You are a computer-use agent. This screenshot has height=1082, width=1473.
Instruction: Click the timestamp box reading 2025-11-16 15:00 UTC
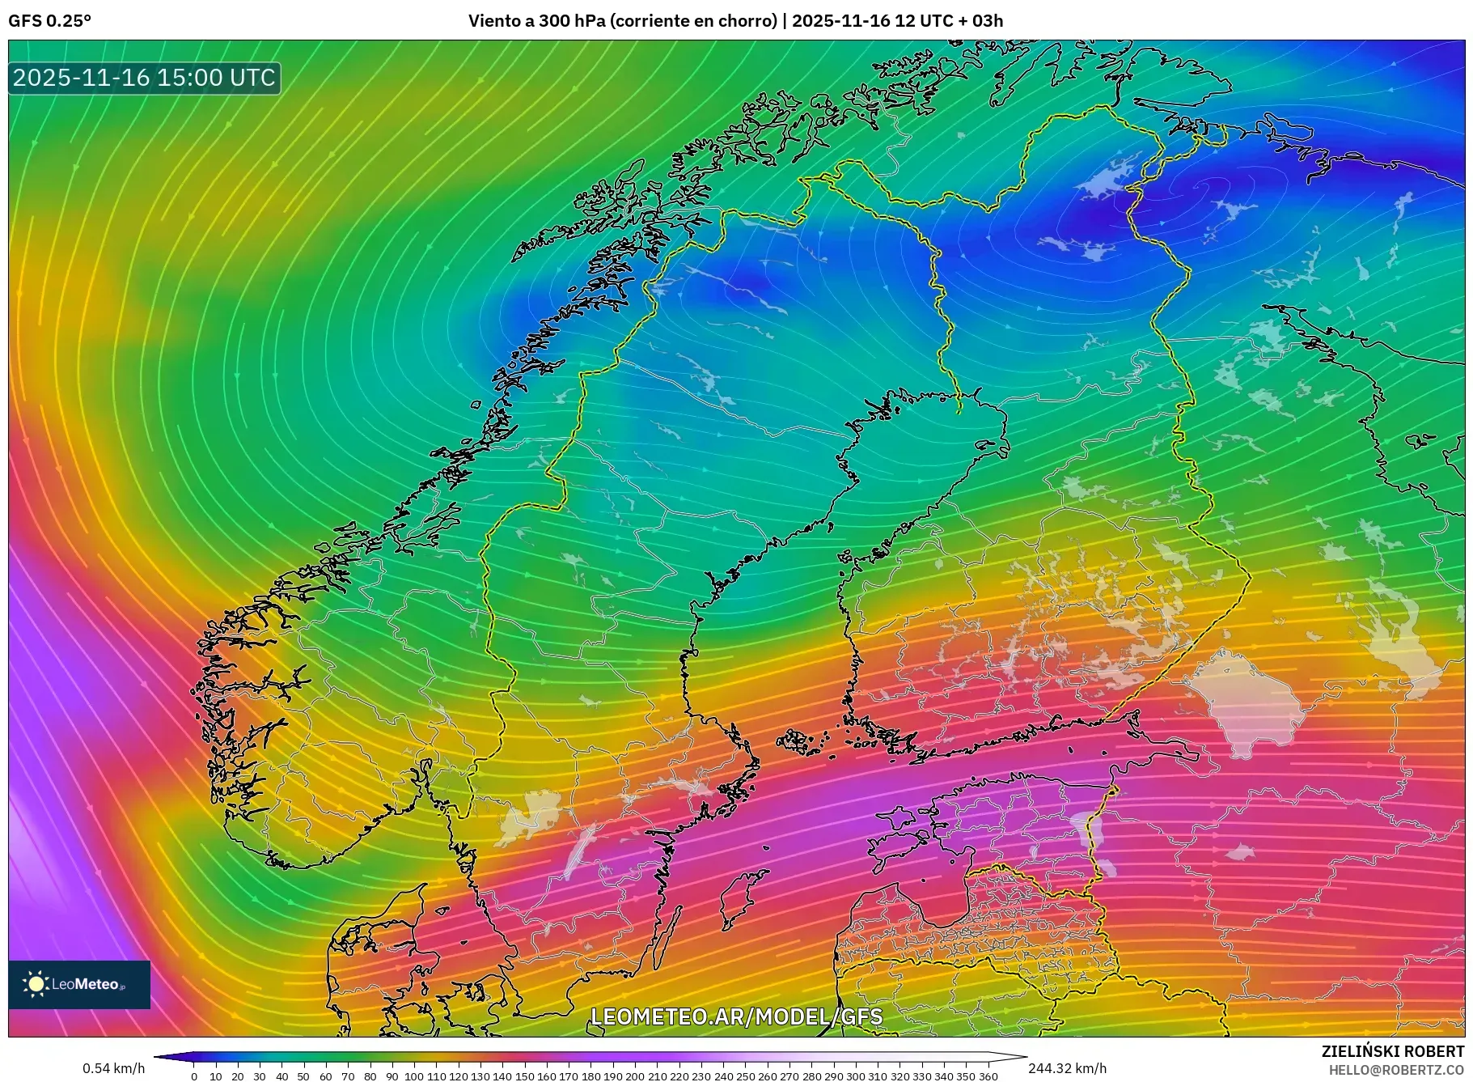pos(144,78)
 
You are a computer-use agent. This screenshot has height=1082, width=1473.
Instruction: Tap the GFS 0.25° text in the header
pos(50,21)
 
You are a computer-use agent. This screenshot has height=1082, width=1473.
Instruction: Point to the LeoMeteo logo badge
pos(79,984)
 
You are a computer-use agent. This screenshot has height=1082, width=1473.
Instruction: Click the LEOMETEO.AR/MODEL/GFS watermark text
pos(736,1016)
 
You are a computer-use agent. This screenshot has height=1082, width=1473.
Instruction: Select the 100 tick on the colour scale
pos(414,1076)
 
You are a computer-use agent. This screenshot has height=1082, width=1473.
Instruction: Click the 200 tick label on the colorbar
pos(635,1076)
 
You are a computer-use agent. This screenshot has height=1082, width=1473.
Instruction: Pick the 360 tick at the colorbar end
pos(988,1076)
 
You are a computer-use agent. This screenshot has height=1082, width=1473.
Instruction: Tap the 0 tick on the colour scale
pos(194,1076)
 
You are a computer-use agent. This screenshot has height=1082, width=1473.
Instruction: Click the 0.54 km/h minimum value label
pos(114,1068)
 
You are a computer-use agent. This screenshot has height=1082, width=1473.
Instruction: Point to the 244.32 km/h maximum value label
pos(1067,1068)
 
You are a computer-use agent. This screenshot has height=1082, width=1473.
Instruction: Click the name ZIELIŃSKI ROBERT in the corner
pos(1392,1051)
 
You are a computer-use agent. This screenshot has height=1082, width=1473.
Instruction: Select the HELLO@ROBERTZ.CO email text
pos(1395,1070)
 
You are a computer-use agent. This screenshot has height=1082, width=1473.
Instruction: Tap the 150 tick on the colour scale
pos(524,1076)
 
